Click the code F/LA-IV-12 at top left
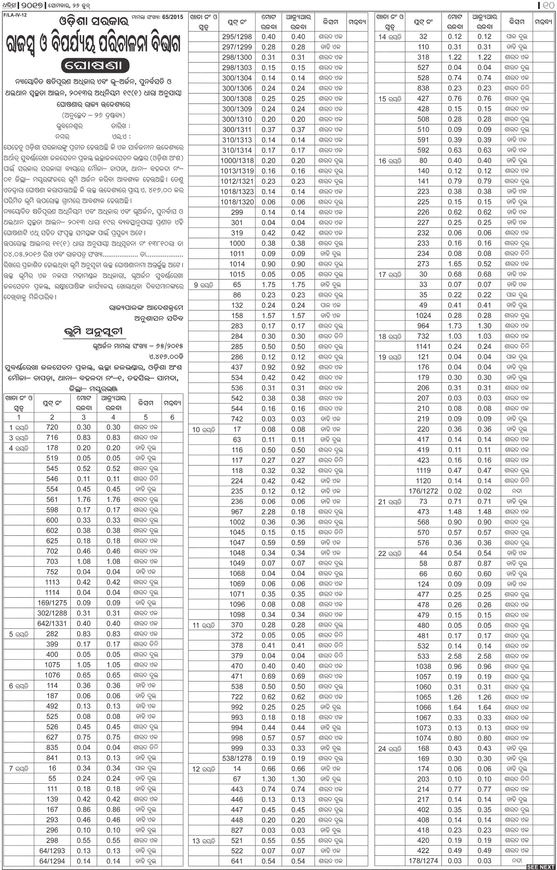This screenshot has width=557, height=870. click(15, 15)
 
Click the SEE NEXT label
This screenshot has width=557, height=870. click(540, 866)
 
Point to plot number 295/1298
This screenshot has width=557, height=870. click(237, 37)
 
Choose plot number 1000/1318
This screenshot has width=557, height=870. click(237, 161)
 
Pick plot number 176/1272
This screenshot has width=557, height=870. click(423, 491)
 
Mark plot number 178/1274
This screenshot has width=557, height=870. click(423, 861)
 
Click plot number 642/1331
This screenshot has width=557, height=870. click(52, 623)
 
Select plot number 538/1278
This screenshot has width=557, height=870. click(237, 758)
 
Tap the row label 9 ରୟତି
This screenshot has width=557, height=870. click(203, 285)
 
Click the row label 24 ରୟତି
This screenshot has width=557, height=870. click(389, 747)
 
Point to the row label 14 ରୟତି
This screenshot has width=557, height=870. click(389, 37)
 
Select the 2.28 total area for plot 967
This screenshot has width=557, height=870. click(268, 512)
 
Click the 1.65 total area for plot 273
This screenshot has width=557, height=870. click(454, 264)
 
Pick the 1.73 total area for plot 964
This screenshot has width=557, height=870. click(454, 326)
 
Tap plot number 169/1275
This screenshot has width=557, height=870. click(52, 603)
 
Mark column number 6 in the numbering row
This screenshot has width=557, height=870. click(172, 417)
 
